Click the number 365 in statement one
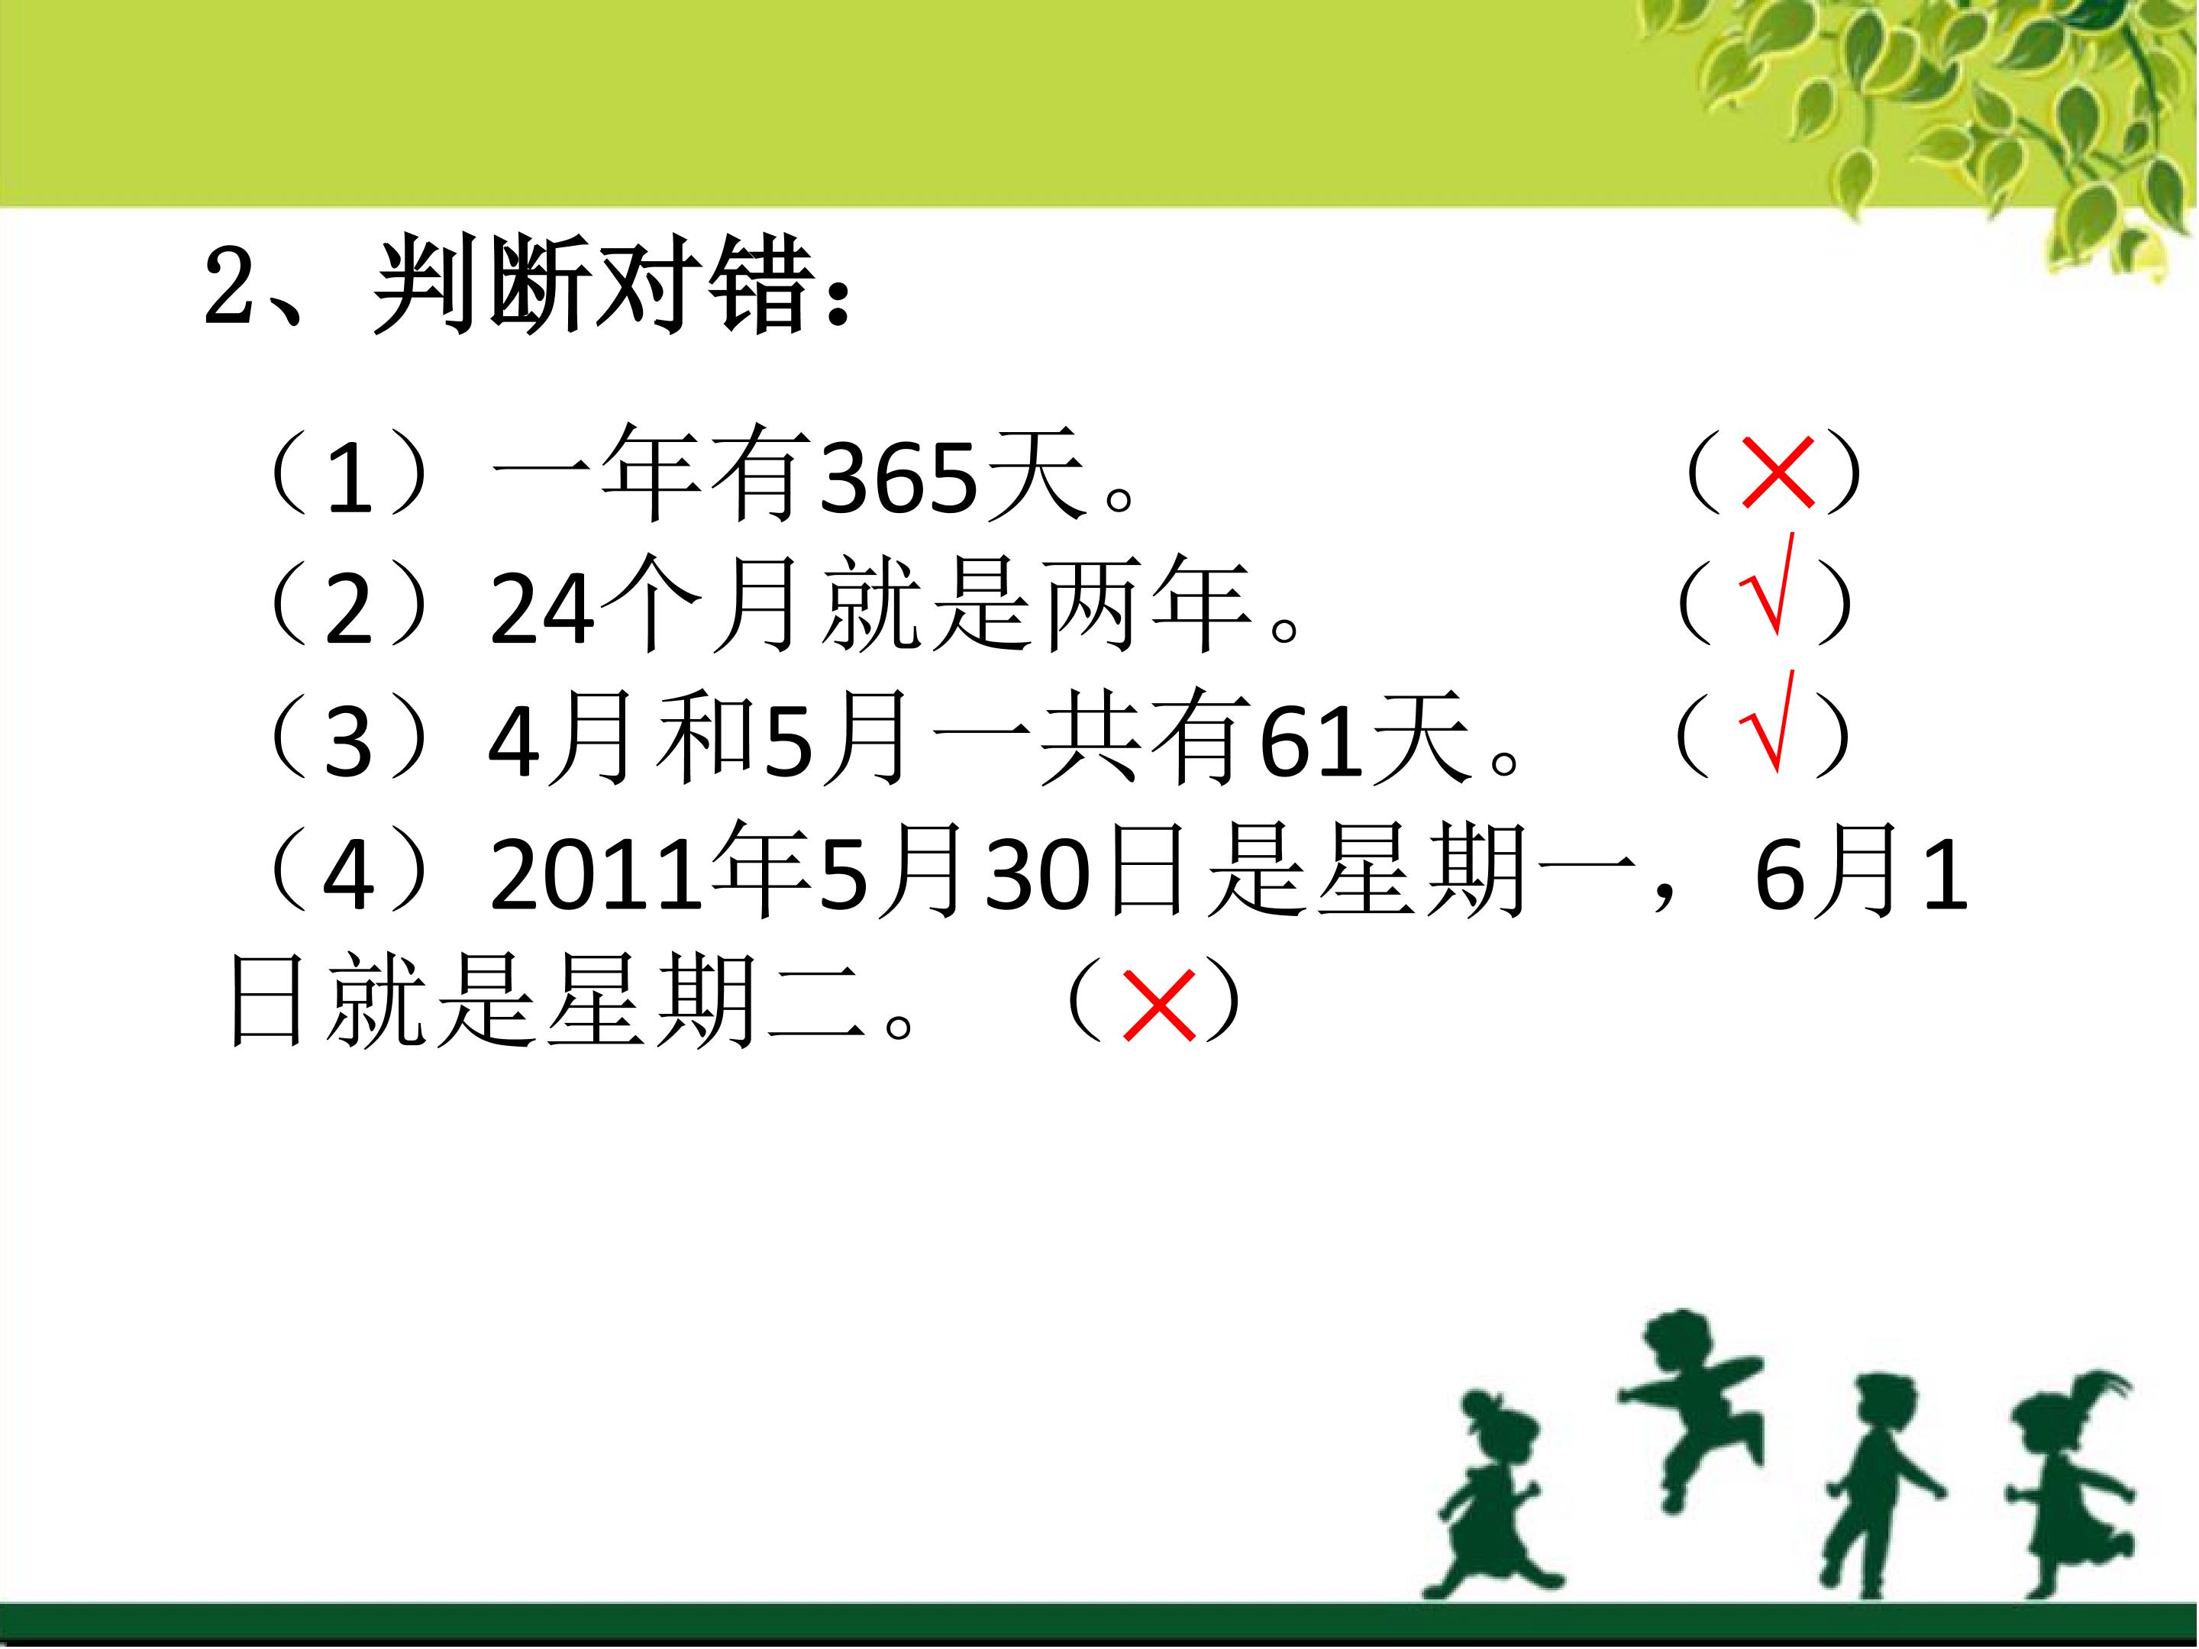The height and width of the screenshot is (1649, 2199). point(899,478)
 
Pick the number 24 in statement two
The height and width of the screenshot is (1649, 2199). point(543,609)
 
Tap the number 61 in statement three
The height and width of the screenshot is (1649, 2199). point(1310,741)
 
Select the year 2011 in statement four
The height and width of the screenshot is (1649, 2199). point(596,875)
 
